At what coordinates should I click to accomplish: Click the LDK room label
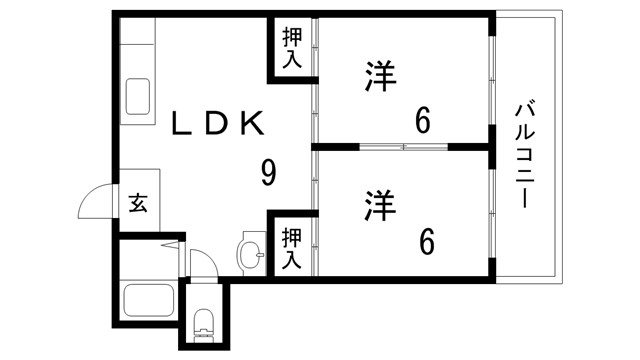coord(219,125)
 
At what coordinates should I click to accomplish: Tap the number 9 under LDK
coord(267,173)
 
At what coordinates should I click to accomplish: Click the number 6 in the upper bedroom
coord(424,122)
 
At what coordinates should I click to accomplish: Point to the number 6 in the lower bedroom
coord(427,242)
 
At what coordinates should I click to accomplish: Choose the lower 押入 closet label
coord(290,247)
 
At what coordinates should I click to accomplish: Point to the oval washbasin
coord(249,254)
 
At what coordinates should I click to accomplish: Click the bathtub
coord(148,300)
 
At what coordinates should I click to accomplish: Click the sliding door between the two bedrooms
coord(404,148)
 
